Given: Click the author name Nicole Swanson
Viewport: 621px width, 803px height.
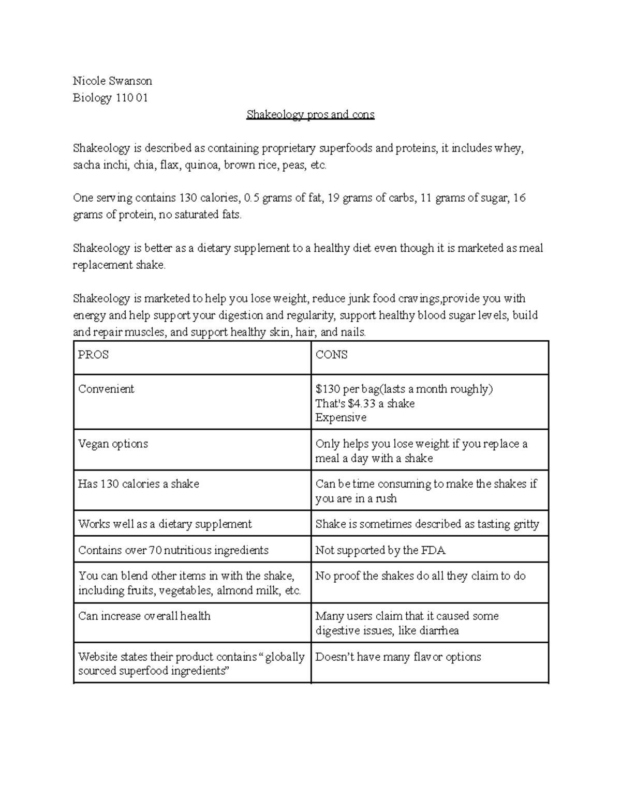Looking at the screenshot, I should pyautogui.click(x=112, y=81).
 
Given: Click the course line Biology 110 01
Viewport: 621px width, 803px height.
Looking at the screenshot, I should pyautogui.click(x=110, y=98).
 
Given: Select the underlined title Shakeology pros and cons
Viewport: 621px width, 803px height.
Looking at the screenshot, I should pyautogui.click(x=310, y=114).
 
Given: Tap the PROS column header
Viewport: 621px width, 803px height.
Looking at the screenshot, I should pyautogui.click(x=93, y=355).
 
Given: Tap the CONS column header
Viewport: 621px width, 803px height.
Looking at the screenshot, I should pyautogui.click(x=331, y=355).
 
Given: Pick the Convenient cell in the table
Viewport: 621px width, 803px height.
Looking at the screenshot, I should pyautogui.click(x=106, y=389).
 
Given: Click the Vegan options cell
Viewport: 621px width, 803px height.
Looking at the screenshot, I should pyautogui.click(x=113, y=444).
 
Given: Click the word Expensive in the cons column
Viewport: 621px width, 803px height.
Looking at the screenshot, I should pyautogui.click(x=341, y=417).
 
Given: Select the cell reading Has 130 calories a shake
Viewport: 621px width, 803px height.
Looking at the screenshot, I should pyautogui.click(x=138, y=484).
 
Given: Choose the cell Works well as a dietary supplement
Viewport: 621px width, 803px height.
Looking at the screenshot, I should pyautogui.click(x=165, y=524).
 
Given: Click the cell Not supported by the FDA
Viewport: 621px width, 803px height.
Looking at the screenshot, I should pyautogui.click(x=380, y=550).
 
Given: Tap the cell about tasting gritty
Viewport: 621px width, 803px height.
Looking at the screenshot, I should pyautogui.click(x=427, y=524).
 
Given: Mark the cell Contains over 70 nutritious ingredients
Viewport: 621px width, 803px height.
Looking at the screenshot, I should pyautogui.click(x=173, y=550).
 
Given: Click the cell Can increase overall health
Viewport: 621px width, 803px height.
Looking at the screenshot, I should pyautogui.click(x=144, y=616).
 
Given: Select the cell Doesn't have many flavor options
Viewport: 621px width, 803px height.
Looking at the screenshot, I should pyautogui.click(x=398, y=657).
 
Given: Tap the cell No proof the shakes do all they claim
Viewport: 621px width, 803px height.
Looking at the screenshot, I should pyautogui.click(x=420, y=576).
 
